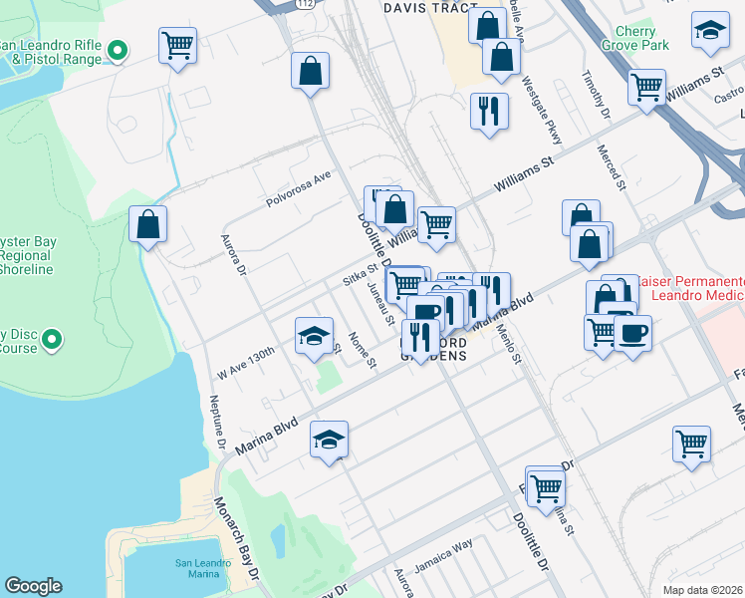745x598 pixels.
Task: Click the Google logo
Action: (33, 586)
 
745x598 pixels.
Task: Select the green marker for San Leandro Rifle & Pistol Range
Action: (118, 49)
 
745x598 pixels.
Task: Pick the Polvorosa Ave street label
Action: (297, 188)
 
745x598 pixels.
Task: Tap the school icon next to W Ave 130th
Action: (314, 336)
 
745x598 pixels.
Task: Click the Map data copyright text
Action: (703, 590)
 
